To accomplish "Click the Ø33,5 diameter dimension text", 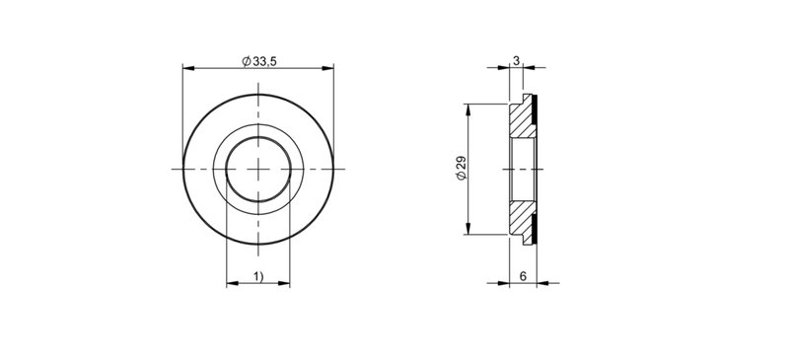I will click(x=258, y=61).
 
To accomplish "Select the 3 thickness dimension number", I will click(x=517, y=61).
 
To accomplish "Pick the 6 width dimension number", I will click(x=522, y=277).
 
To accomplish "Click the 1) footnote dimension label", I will click(x=257, y=277).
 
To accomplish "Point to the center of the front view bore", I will click(x=258, y=169).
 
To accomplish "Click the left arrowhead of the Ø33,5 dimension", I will click(x=188, y=69).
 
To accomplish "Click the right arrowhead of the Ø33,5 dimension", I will click(x=327, y=69).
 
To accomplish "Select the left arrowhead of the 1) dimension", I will click(x=232, y=285).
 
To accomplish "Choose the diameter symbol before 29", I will click(x=461, y=179).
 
